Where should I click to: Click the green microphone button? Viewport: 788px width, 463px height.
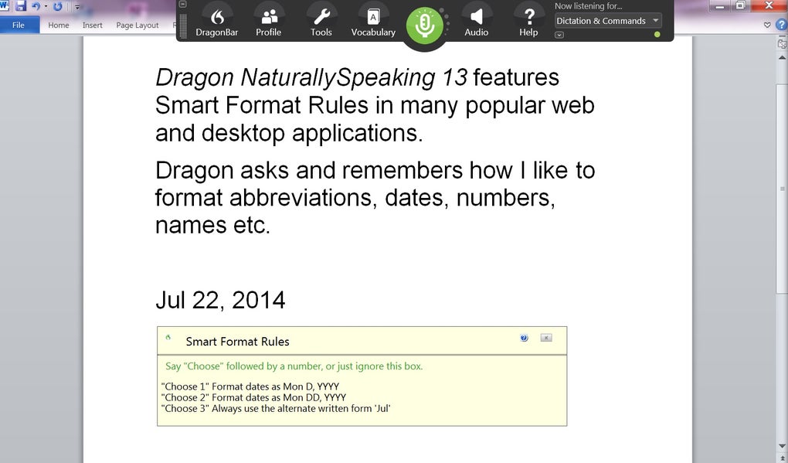425,26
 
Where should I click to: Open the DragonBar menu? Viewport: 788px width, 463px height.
216,22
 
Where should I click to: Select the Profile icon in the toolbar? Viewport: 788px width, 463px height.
268,22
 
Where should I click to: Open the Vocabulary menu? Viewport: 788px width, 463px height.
373,22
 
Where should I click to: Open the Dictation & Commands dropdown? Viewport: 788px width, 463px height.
607,21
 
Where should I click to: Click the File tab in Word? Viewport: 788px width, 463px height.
19,26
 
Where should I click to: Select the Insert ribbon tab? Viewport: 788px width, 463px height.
93,26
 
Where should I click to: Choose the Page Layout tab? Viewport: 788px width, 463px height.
138,26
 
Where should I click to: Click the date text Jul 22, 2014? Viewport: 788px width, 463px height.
220,300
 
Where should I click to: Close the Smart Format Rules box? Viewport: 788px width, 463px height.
546,338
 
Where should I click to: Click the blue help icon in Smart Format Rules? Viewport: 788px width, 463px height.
524,338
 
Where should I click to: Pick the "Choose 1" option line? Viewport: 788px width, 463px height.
250,386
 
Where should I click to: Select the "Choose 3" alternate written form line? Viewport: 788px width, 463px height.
276,408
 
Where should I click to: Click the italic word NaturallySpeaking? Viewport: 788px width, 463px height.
338,78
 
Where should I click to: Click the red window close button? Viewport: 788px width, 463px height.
769,5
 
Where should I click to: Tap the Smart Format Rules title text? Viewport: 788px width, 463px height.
238,342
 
